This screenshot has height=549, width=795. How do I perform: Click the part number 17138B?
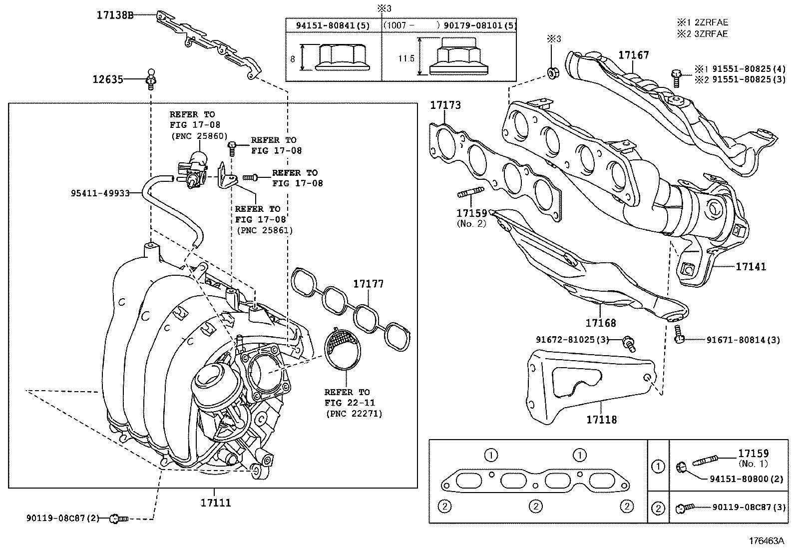(x=115, y=15)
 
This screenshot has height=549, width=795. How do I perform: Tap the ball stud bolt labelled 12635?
(x=151, y=79)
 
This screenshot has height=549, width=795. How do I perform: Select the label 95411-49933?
(x=100, y=193)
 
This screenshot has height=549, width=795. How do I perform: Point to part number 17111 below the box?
(x=216, y=503)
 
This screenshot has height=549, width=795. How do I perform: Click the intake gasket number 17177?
(x=369, y=284)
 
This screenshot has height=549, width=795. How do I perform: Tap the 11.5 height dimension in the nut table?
(x=406, y=58)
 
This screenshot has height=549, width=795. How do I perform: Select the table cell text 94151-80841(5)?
(x=333, y=25)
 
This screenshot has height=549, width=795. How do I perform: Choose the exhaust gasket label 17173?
(x=445, y=105)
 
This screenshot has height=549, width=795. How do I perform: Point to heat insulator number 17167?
(x=634, y=55)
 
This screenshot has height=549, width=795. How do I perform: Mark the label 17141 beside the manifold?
(x=751, y=266)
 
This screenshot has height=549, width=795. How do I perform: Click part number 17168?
(x=601, y=323)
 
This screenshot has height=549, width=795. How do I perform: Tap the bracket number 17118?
(x=602, y=420)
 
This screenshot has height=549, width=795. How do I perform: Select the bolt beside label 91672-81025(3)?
(x=629, y=343)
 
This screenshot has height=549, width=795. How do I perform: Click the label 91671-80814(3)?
(x=743, y=340)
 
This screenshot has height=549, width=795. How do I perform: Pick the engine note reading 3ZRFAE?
(x=711, y=34)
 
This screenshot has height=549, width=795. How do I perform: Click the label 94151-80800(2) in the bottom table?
(x=747, y=479)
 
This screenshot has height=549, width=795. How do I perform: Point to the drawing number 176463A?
(x=766, y=541)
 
